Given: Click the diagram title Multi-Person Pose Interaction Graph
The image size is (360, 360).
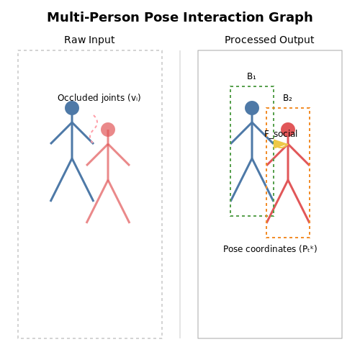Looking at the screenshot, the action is [x=180, y=17].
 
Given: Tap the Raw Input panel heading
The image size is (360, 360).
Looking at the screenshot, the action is [x=89, y=40].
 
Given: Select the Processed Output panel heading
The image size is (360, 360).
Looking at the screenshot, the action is [x=269, y=40].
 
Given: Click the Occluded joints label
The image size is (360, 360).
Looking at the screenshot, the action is [x=99, y=98].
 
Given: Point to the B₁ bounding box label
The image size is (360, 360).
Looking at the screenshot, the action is [x=251, y=76].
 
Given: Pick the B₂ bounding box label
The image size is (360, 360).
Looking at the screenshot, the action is [x=287, y=98].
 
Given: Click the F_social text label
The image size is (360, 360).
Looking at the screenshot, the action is [x=281, y=134].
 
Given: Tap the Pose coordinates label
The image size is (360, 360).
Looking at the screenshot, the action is [x=270, y=249].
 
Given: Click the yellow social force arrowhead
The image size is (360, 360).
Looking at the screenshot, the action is [x=280, y=144].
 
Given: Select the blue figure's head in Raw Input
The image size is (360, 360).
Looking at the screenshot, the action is [x=72, y=108].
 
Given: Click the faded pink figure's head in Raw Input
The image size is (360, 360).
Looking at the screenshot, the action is [x=108, y=130].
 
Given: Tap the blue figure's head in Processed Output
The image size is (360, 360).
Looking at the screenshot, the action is [x=252, y=108].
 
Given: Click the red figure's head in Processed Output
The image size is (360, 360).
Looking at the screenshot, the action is [x=288, y=130].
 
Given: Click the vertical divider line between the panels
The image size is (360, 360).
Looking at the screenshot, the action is [x=180, y=194].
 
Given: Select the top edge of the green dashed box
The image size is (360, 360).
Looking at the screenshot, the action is [x=252, y=86].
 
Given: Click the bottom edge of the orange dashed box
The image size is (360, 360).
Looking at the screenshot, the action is [x=288, y=238].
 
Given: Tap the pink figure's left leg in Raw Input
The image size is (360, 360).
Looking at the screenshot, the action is [x=97, y=202].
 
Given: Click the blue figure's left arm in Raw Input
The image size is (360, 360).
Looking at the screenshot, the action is [x=61, y=133].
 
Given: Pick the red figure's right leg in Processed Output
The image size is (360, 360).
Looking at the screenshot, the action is [x=299, y=202].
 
